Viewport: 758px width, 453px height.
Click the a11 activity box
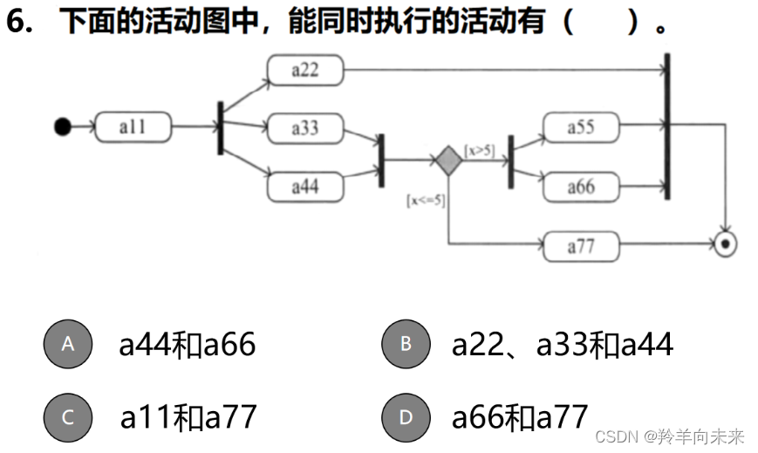pos(133,127)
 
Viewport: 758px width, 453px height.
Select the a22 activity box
pos(304,70)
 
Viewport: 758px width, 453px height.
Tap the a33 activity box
pos(304,127)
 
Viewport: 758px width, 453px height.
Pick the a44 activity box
pos(304,186)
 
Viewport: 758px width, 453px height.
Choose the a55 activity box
pos(580,127)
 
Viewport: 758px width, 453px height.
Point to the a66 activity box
pos(580,186)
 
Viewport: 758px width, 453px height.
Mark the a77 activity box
pos(580,246)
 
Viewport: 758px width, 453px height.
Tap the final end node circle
pos(723,245)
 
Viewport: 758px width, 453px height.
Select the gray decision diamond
pos(448,161)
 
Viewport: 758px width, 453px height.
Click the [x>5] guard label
pos(479,151)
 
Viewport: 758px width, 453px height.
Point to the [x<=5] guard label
pos(425,200)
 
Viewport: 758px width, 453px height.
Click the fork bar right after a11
pos(220,127)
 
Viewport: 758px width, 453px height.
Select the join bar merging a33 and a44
pos(380,160)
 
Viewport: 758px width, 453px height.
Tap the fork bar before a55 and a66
pos(510,161)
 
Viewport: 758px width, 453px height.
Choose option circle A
pos(68,344)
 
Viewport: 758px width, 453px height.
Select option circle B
pos(406,344)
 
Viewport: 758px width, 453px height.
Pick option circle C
pos(68,417)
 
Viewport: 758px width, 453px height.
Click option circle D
pos(406,417)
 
